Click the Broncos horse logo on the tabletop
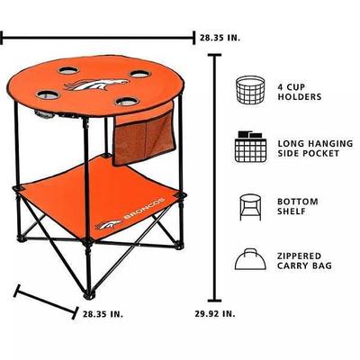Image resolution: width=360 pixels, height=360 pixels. (x=96, y=85)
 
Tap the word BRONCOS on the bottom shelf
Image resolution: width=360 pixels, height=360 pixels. (x=144, y=208)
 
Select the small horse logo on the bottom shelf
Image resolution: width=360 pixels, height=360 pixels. (x=109, y=225)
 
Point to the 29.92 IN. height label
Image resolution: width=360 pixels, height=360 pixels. (x=215, y=314)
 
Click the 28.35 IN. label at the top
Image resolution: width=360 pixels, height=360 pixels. (x=220, y=38)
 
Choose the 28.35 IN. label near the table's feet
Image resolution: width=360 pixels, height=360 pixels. (x=103, y=314)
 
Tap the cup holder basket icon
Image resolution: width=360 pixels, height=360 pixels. (x=250, y=90)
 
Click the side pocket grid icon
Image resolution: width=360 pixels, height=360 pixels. (x=250, y=147)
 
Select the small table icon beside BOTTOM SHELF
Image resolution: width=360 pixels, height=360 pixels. (x=250, y=207)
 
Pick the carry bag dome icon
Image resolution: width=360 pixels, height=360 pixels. (x=250, y=259)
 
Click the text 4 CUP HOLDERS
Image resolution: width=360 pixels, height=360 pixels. (x=300, y=92)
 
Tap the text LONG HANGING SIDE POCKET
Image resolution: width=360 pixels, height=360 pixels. (x=315, y=148)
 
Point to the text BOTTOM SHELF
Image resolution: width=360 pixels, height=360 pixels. (x=298, y=206)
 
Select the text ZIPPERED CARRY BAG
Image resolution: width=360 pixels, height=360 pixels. (x=304, y=261)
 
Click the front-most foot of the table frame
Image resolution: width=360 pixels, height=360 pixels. (x=89, y=294)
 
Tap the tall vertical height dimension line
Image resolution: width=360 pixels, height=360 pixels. (x=214, y=177)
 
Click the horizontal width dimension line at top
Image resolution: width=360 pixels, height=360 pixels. (x=97, y=38)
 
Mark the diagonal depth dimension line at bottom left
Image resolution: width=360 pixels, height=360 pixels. (x=46, y=301)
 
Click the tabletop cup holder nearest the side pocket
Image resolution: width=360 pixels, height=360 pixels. (x=126, y=102)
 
